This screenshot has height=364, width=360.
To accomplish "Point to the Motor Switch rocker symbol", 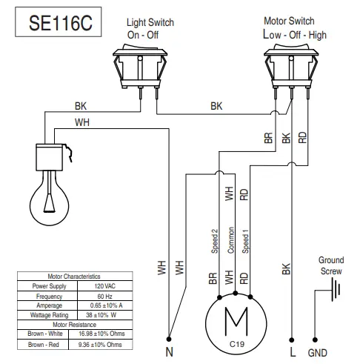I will tap(292, 64).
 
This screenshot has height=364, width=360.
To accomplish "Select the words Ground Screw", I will tap(330, 265).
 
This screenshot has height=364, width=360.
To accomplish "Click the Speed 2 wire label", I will tap(214, 242).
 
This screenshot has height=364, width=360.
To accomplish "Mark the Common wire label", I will tap(230, 241).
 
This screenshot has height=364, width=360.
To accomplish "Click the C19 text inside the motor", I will tap(236, 343).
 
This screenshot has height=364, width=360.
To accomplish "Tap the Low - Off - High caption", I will tap(294, 34).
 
